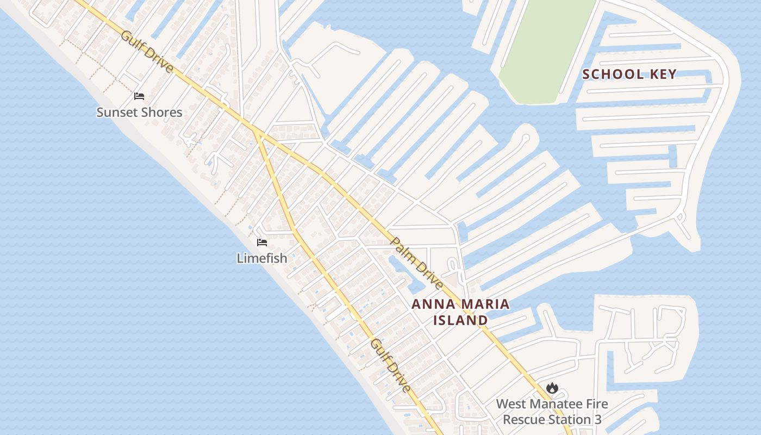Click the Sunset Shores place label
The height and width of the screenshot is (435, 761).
(x=139, y=113)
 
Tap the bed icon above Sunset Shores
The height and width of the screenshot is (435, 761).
(x=139, y=96)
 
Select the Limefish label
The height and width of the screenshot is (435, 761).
(x=262, y=258)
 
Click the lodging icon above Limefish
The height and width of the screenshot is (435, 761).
(x=262, y=242)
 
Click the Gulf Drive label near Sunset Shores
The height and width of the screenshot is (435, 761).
(x=147, y=52)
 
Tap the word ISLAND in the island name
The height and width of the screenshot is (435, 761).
(x=460, y=320)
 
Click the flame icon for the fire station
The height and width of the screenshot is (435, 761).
(x=552, y=388)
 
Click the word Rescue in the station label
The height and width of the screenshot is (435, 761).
(x=524, y=420)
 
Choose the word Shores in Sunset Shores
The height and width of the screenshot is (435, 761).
(x=161, y=113)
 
